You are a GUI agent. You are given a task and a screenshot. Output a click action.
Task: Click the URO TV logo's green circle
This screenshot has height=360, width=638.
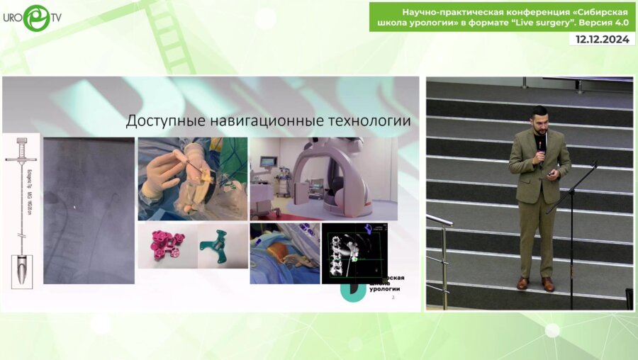point(35,18)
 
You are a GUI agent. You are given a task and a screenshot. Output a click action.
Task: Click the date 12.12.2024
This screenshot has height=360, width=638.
point(602,40)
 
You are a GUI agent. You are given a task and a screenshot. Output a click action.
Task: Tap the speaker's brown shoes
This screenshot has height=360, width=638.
point(535,283)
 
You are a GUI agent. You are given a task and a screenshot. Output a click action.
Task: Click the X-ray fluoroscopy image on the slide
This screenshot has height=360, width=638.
point(89,210)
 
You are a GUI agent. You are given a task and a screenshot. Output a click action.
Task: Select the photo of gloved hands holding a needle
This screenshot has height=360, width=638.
point(192,179)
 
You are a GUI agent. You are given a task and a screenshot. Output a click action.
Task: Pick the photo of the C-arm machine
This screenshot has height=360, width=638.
point(323,178)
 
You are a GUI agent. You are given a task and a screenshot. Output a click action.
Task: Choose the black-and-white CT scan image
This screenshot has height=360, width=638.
point(354,253)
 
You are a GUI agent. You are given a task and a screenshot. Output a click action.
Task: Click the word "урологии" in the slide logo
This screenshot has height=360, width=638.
point(385,289)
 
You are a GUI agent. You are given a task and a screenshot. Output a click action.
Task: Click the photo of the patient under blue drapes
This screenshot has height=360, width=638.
point(284,253)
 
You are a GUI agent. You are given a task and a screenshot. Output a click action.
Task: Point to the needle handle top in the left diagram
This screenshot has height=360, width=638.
point(21,142)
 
